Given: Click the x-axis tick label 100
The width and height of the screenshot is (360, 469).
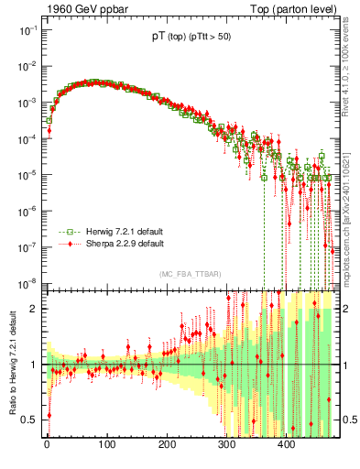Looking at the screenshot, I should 106,445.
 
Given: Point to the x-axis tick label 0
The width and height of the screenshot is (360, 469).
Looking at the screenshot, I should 47,445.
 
